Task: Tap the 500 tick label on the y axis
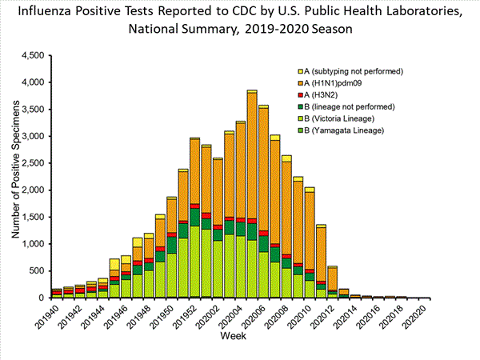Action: tap(37, 270)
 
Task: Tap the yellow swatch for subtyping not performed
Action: tap(300, 70)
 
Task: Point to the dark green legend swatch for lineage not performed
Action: tap(300, 106)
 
